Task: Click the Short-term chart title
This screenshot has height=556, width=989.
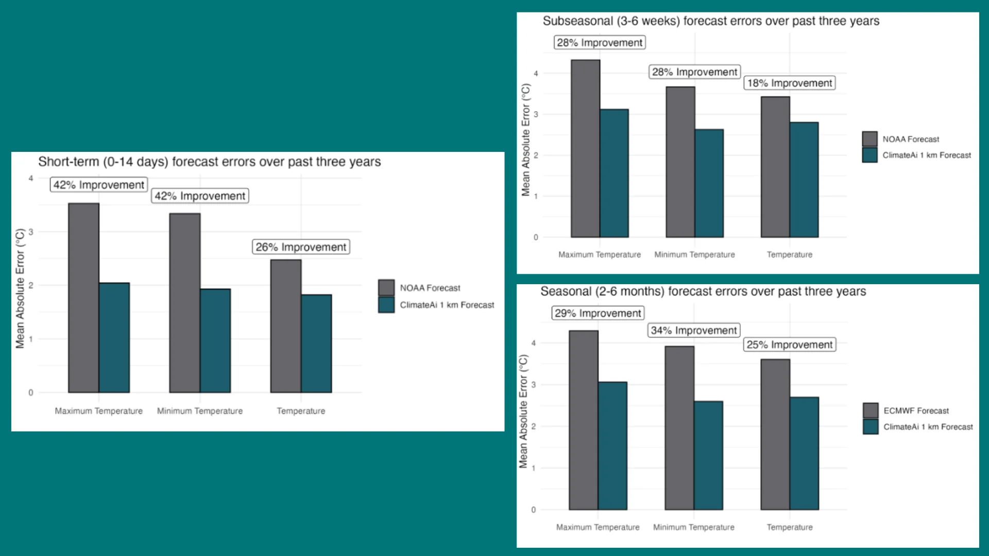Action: tap(209, 162)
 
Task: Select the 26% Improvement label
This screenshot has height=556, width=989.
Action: tap(301, 247)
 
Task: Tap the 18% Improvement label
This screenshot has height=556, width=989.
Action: tap(789, 83)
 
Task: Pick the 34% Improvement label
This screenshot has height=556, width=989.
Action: tap(693, 331)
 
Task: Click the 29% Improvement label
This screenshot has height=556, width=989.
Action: tap(598, 313)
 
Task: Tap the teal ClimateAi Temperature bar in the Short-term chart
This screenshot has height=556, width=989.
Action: tap(316, 343)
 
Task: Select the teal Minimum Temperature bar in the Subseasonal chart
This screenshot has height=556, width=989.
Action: tap(709, 183)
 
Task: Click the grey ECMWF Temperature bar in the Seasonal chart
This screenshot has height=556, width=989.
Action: tap(775, 435)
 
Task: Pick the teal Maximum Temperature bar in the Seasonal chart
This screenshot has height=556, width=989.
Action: tap(612, 446)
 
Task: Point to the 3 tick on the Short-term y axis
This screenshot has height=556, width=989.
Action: tap(31, 232)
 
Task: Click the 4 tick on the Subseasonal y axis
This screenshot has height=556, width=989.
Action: tap(536, 74)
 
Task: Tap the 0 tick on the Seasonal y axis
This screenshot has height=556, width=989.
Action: tap(533, 510)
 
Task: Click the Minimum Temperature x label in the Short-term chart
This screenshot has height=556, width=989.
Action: tap(200, 411)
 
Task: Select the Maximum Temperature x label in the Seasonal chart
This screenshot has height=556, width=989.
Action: tap(598, 527)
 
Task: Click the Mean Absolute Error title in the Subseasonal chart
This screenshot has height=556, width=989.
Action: tap(525, 140)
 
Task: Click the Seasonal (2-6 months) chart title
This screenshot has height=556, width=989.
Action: tap(703, 291)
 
